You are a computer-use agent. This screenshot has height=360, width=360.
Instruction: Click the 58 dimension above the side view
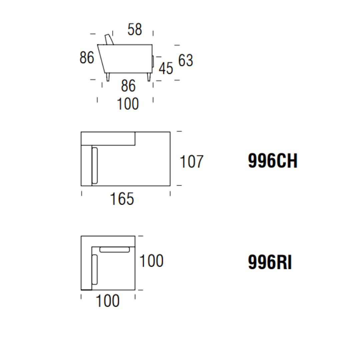point(135,30)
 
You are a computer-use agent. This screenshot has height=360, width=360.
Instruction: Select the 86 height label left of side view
point(87,58)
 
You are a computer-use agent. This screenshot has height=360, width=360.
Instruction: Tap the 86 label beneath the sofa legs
point(128,86)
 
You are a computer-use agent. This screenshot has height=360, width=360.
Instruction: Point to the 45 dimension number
point(166,68)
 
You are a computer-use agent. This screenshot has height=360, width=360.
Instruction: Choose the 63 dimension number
point(186,60)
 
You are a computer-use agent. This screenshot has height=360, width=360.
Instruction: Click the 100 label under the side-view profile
point(128,104)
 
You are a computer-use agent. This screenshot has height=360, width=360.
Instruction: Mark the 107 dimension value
point(191,162)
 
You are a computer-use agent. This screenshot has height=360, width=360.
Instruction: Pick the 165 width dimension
point(122,199)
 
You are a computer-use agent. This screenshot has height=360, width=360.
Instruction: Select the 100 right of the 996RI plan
point(151,261)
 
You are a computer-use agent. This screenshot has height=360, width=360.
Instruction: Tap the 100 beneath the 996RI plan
point(107,301)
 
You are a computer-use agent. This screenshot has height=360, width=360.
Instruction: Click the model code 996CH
point(273,162)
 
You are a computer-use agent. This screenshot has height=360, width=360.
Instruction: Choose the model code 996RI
point(270,263)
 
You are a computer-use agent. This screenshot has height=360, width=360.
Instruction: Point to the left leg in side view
point(108,77)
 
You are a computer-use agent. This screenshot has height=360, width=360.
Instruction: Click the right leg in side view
point(149,77)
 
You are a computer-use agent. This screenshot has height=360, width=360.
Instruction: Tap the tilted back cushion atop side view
point(109,39)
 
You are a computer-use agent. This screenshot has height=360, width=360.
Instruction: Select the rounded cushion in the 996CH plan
point(95,165)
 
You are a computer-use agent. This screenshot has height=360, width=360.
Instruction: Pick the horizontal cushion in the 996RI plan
point(115,250)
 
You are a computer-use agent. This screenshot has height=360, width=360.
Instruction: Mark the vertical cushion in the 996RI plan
point(95,269)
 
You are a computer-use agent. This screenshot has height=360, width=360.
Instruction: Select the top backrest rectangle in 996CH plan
point(108,138)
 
